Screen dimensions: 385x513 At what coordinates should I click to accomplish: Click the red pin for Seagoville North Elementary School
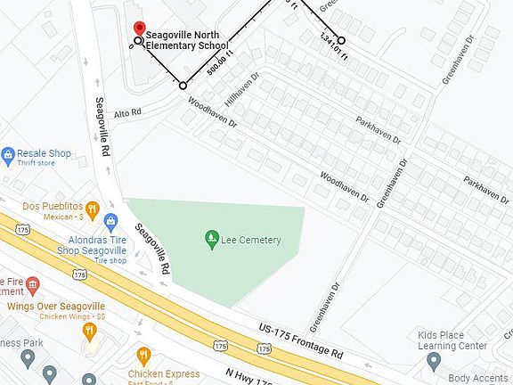coord(140,29)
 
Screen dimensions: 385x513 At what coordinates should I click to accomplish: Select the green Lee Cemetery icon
coord(211,238)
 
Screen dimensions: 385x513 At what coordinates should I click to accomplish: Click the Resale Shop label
coord(47,153)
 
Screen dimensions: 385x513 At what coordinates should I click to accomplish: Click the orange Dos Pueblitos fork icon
coord(112,219)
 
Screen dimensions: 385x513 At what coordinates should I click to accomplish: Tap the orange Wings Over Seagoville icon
coord(89,331)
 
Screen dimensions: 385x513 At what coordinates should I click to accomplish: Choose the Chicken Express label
coord(163,374)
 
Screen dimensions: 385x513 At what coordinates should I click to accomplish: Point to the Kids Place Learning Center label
coord(452,340)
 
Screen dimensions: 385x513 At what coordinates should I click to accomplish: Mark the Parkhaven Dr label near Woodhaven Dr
coord(379,131)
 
